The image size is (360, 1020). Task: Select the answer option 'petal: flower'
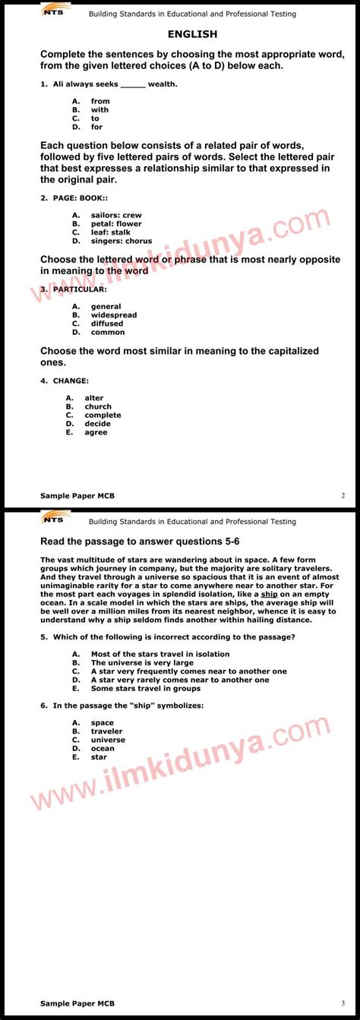(x=116, y=224)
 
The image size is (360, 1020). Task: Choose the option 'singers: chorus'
(x=122, y=241)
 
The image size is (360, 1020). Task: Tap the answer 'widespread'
(x=114, y=315)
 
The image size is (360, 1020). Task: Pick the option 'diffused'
(x=107, y=324)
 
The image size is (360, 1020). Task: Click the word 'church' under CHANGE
(x=98, y=406)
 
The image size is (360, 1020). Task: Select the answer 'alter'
(x=94, y=398)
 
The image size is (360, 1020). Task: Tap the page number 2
(x=343, y=495)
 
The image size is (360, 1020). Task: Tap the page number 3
(x=343, y=1003)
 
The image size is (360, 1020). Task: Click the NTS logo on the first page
(x=54, y=12)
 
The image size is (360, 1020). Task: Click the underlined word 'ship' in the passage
(x=269, y=594)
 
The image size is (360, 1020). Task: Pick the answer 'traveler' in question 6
(x=106, y=731)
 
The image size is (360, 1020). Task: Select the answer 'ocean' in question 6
(x=103, y=748)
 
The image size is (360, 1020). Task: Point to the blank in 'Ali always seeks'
(x=133, y=84)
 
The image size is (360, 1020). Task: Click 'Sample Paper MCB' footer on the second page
(x=77, y=1003)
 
